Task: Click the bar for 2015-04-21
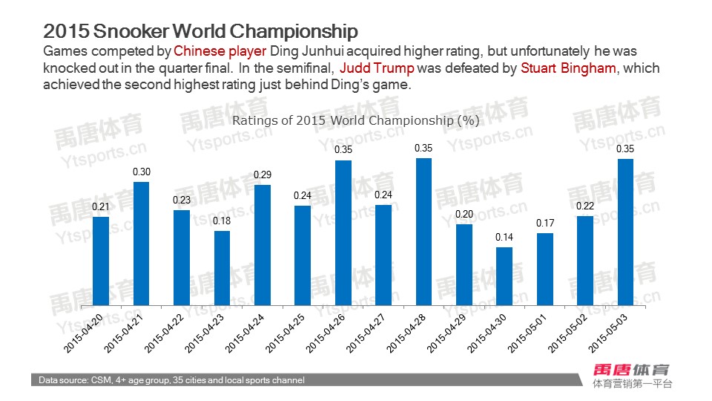(x=141, y=244)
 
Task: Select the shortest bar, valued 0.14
(x=504, y=276)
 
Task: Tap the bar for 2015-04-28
(x=423, y=232)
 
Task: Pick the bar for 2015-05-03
(x=625, y=232)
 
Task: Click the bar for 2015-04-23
(x=222, y=268)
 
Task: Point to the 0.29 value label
(x=262, y=175)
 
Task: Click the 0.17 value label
(x=544, y=223)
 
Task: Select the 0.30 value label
(x=141, y=172)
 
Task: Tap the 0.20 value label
(x=464, y=214)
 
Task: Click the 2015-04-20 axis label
(x=82, y=333)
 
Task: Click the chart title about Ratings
(x=356, y=120)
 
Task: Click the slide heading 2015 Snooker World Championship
(x=200, y=31)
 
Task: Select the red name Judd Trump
(x=376, y=68)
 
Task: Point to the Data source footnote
(x=171, y=380)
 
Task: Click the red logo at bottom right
(x=632, y=369)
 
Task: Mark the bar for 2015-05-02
(x=585, y=261)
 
